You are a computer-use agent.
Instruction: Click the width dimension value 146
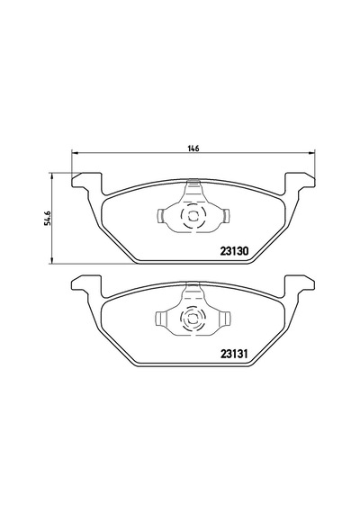[193, 148]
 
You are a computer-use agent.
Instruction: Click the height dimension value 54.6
[48, 218]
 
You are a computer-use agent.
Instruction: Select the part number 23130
[235, 251]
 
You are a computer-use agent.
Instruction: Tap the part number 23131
[235, 354]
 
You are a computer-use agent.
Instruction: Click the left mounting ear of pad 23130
[85, 182]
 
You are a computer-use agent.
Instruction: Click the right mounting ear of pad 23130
[301, 182]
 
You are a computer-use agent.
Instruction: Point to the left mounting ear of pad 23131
[85, 284]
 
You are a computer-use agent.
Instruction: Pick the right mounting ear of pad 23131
[301, 284]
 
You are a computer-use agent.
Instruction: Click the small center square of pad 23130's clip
[193, 216]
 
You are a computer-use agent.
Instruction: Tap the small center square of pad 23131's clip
[193, 319]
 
